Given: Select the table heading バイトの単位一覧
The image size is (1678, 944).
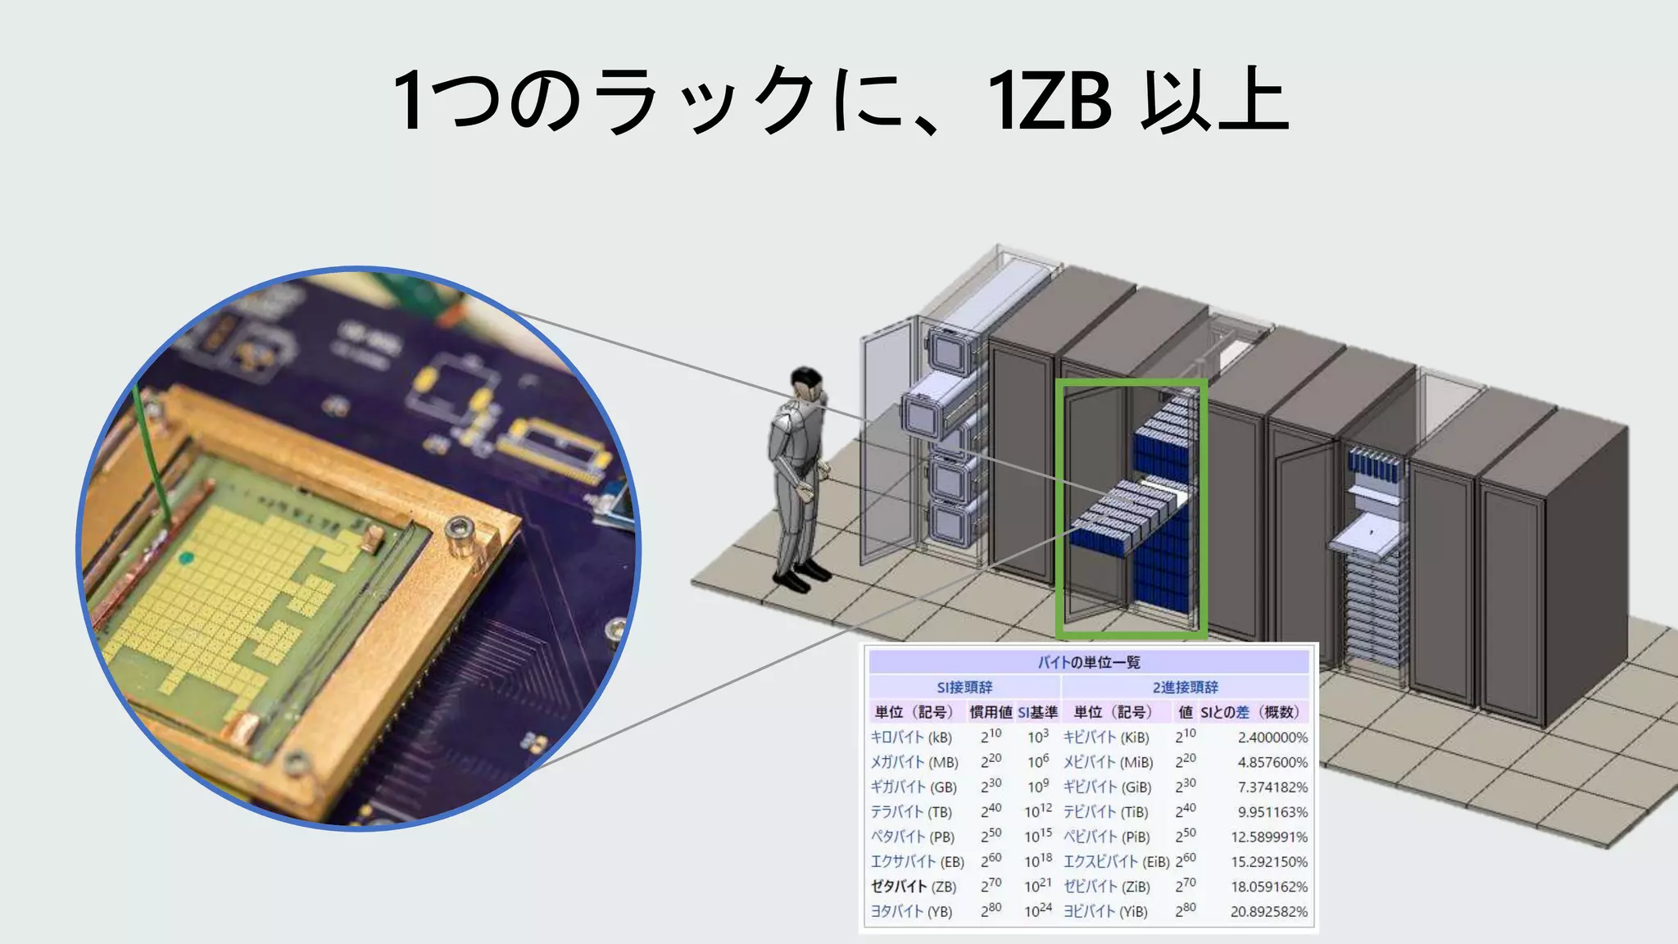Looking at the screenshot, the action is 1089,662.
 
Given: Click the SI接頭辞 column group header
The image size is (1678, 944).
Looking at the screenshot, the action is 964,688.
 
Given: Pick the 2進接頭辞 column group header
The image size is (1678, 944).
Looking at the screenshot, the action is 1185,688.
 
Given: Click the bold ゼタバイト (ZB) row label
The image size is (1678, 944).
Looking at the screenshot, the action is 913,887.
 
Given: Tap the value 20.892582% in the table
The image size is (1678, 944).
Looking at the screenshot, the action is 1268,911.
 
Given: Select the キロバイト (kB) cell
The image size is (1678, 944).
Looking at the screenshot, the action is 911,737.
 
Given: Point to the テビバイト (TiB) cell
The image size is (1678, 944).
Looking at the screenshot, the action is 1105,812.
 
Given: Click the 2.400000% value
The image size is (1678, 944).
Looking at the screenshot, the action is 1272,737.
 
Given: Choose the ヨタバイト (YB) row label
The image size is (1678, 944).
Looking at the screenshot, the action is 911,911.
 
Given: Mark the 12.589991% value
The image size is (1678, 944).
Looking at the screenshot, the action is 1268,837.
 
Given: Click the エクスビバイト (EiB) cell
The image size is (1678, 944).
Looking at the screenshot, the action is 1116,862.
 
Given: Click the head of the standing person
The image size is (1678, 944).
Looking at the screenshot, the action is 806,383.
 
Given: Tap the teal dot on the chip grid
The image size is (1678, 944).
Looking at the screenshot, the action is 186,559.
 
